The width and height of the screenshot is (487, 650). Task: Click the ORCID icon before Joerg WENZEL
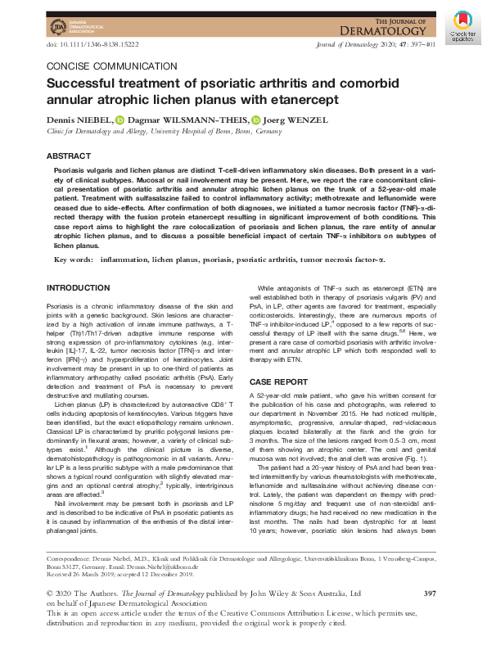point(255,120)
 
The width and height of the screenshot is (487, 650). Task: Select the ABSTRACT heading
point(69,156)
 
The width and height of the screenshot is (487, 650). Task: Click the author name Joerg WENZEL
point(295,120)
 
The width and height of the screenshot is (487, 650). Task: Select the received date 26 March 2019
point(93,573)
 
